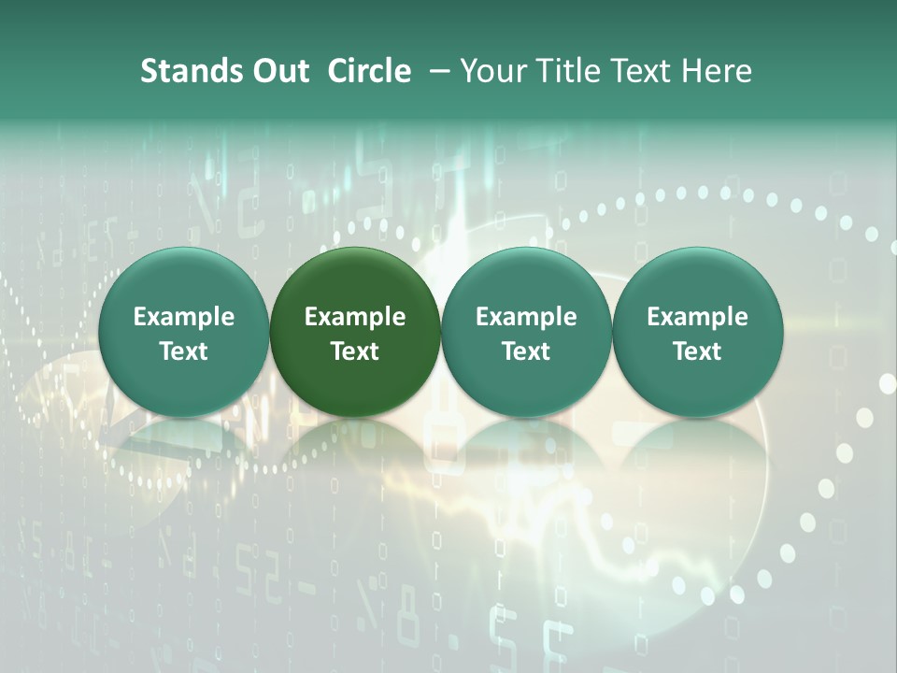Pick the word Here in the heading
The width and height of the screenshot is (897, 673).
pos(719,71)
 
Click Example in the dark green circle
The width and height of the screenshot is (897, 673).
pos(355,317)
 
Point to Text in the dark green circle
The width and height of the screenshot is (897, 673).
pos(355,351)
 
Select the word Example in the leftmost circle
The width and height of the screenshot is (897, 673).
pos(184,317)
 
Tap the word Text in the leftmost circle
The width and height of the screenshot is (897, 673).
pos(184,351)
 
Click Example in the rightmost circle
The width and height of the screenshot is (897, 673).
pos(697,317)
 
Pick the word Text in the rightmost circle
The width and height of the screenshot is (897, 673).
pos(697,351)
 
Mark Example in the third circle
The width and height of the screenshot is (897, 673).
pos(526,317)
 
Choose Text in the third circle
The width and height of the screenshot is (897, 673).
pos(526,351)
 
